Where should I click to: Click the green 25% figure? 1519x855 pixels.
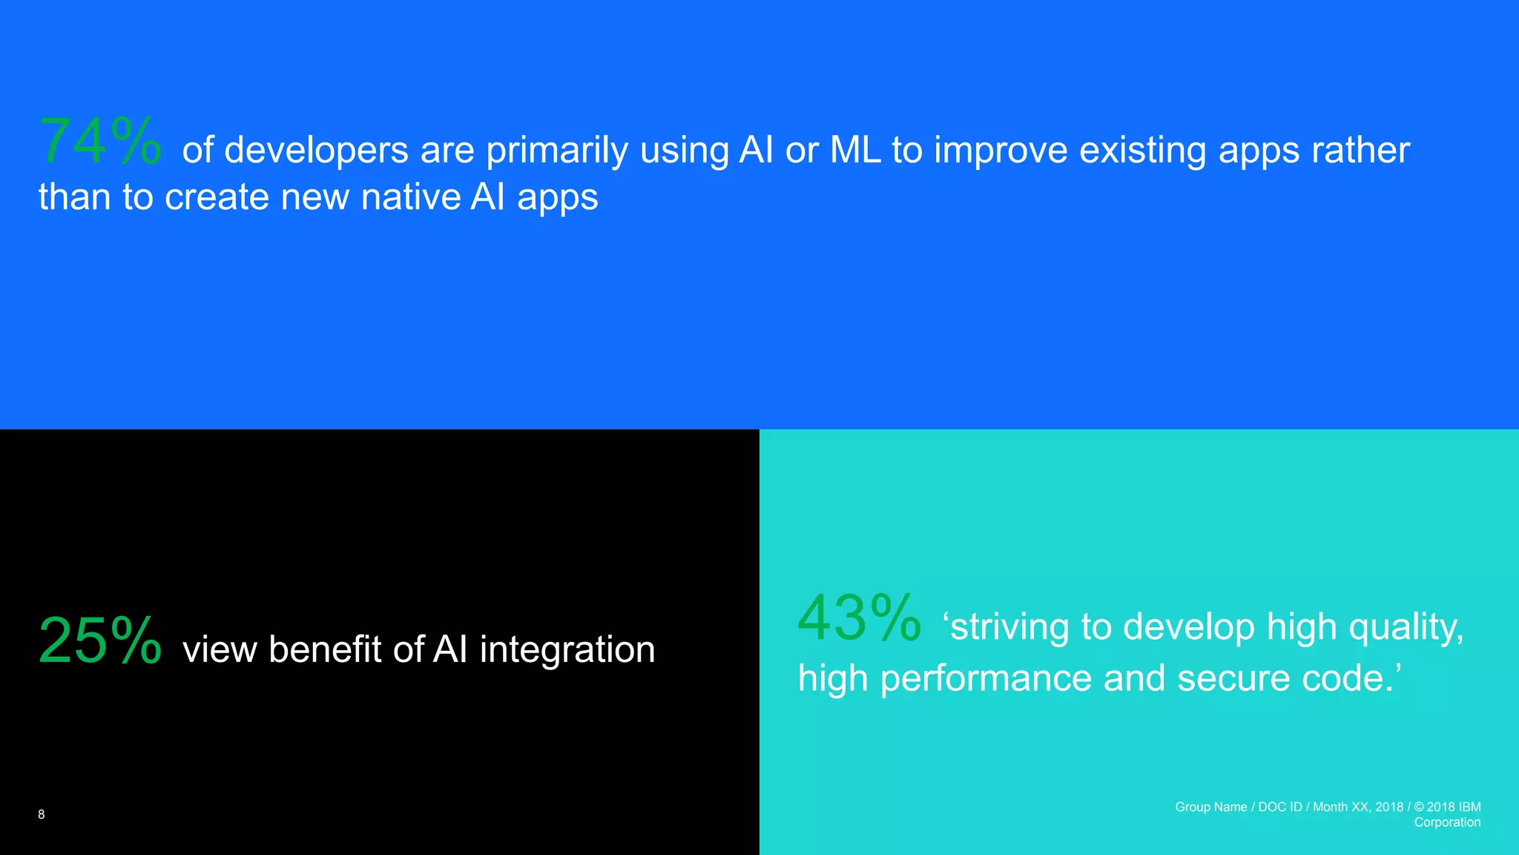[x=99, y=641]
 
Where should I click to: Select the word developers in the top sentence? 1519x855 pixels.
[x=317, y=151]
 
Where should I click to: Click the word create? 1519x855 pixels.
[x=217, y=197]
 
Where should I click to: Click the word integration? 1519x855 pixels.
[x=567, y=650]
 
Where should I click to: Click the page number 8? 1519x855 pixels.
[x=42, y=814]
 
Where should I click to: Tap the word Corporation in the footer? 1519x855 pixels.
[x=1447, y=822]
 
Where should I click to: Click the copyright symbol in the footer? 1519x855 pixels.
[x=1419, y=807]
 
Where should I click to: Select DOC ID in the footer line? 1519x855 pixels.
[x=1279, y=807]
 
